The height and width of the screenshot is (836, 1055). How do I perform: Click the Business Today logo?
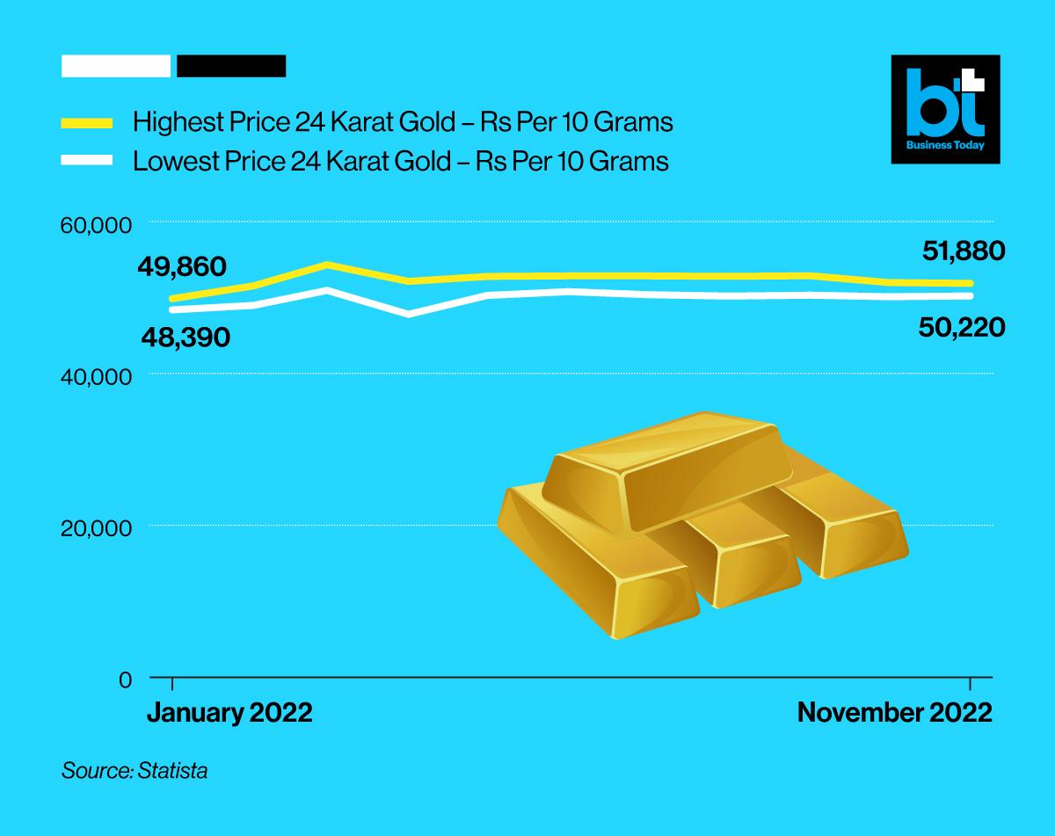(x=945, y=109)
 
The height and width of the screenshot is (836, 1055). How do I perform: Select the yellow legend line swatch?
(x=87, y=123)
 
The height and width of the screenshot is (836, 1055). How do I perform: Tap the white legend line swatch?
(x=87, y=161)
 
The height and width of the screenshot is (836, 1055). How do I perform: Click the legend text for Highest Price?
(x=402, y=122)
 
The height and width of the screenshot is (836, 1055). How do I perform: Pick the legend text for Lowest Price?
(x=400, y=162)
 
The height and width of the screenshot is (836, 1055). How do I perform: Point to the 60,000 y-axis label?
(x=96, y=225)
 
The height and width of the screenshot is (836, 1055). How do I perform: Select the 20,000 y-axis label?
(x=96, y=528)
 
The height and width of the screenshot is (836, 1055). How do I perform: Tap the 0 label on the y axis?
(x=125, y=680)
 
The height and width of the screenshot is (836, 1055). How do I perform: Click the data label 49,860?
(x=182, y=266)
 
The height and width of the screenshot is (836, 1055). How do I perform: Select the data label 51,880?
(x=963, y=251)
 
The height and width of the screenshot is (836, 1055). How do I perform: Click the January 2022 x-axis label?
(x=229, y=713)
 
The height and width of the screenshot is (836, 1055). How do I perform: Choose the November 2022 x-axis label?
(x=894, y=713)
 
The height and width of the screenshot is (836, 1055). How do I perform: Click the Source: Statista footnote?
(x=135, y=772)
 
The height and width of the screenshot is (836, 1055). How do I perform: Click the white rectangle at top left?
(x=116, y=66)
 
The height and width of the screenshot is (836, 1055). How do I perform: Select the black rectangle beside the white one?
(x=231, y=66)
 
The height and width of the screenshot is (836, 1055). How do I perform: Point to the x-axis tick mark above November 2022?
(x=970, y=685)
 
